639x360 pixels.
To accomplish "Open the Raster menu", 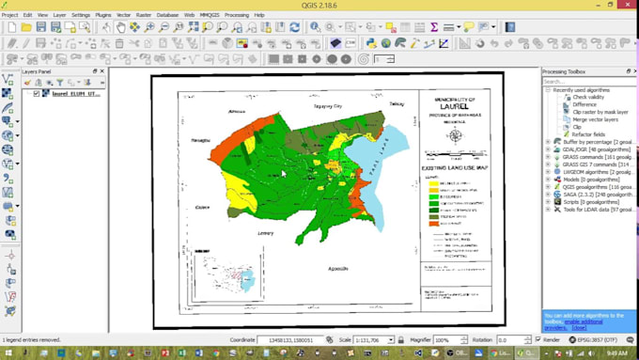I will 144,15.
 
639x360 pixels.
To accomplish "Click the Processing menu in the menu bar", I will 237,15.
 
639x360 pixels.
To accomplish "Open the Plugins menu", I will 103,15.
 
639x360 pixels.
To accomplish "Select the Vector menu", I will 124,15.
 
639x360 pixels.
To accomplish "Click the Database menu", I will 167,15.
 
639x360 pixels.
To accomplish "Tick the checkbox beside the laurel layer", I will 37,94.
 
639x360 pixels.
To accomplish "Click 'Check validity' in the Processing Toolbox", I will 589,97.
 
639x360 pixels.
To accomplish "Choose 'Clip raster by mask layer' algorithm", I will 600,112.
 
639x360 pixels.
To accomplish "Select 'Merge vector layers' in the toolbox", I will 595,119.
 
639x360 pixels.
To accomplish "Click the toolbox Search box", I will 587,82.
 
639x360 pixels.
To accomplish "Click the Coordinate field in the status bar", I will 290,339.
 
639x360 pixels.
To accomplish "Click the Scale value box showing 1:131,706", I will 371,339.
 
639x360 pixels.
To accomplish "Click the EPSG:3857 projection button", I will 595,339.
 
